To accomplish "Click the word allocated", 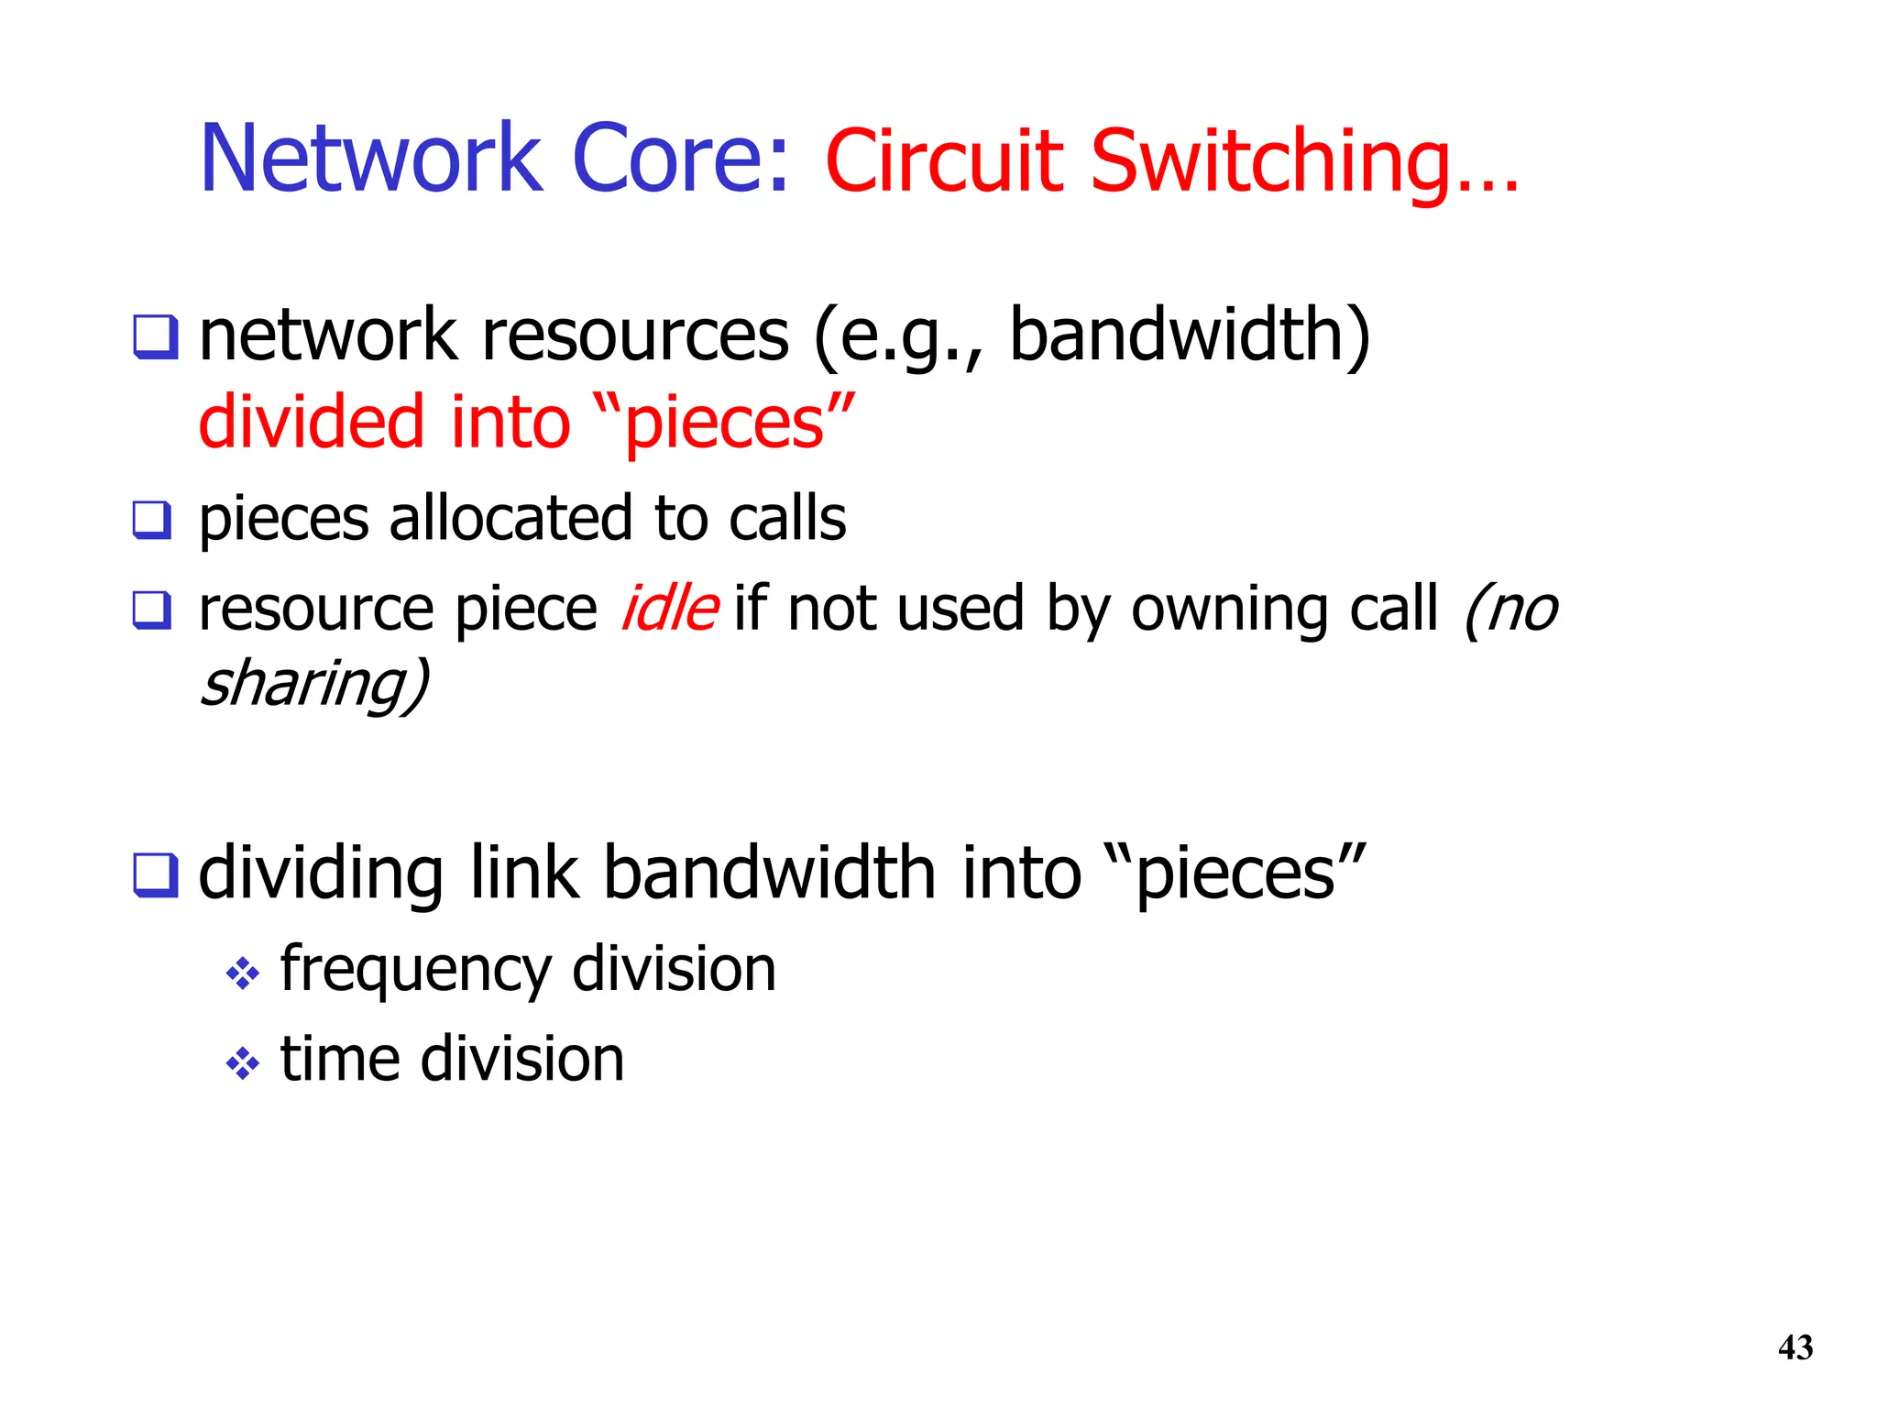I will (510, 518).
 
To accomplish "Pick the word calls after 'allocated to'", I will (787, 518).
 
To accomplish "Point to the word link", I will (524, 873).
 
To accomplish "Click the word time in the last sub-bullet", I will (339, 1059).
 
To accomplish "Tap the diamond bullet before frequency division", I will (243, 973).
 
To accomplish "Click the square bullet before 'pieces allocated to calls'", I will (152, 520).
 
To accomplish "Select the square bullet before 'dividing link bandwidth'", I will (155, 874).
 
